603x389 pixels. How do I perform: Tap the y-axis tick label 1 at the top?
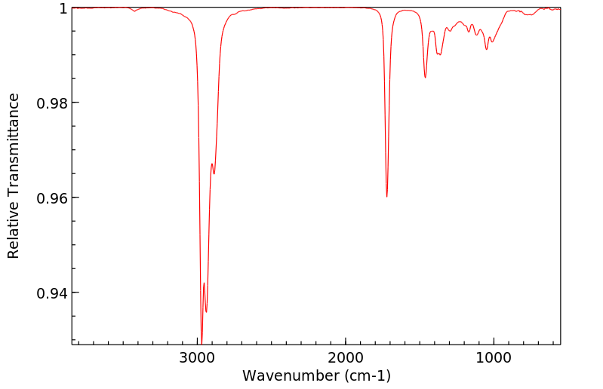(63, 8)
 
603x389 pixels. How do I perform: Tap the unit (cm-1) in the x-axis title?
(366, 375)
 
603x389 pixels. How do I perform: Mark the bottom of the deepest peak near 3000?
(202, 341)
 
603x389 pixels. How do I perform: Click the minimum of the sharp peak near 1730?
(386, 197)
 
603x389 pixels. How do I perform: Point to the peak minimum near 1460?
(425, 78)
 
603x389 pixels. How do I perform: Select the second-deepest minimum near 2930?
(206, 311)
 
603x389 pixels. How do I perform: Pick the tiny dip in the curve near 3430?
(134, 11)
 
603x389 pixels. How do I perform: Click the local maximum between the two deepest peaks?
(204, 283)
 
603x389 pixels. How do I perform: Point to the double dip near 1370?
(438, 54)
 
